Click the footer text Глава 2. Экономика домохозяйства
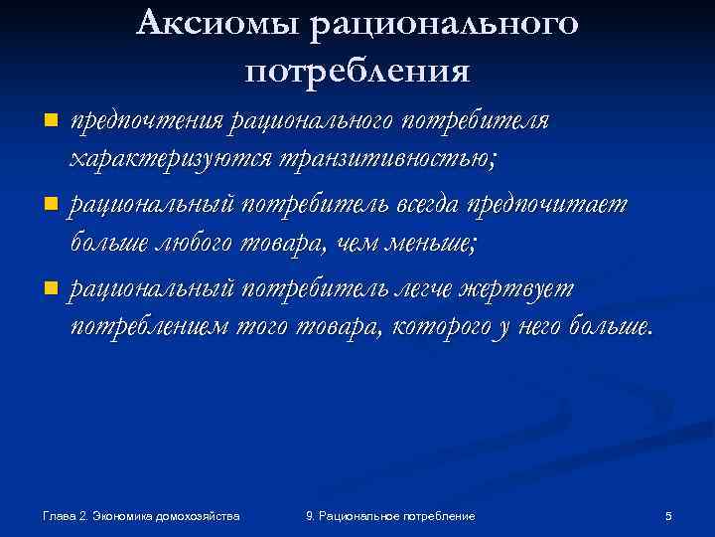[x=142, y=516]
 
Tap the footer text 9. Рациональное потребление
[x=390, y=516]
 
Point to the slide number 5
[x=668, y=516]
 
